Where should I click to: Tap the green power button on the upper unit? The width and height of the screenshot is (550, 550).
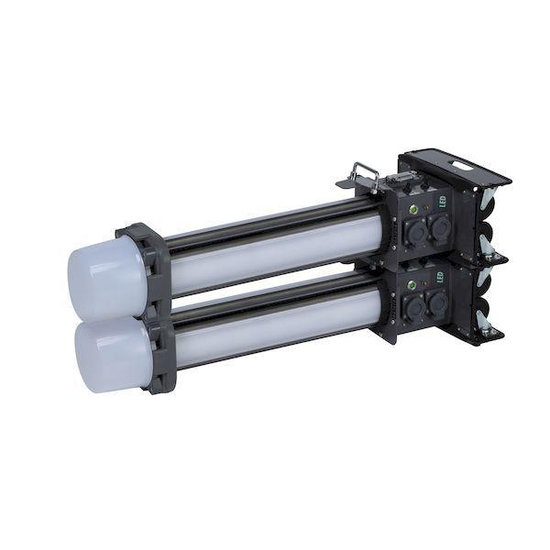[x=413, y=209]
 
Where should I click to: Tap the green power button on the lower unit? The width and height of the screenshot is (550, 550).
[x=412, y=285]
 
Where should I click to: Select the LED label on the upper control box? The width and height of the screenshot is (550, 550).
[x=443, y=201]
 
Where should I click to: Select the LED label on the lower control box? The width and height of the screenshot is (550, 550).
[x=440, y=277]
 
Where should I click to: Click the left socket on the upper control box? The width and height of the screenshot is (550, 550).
[x=416, y=233]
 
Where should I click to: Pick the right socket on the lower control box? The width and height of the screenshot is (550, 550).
[x=437, y=302]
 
